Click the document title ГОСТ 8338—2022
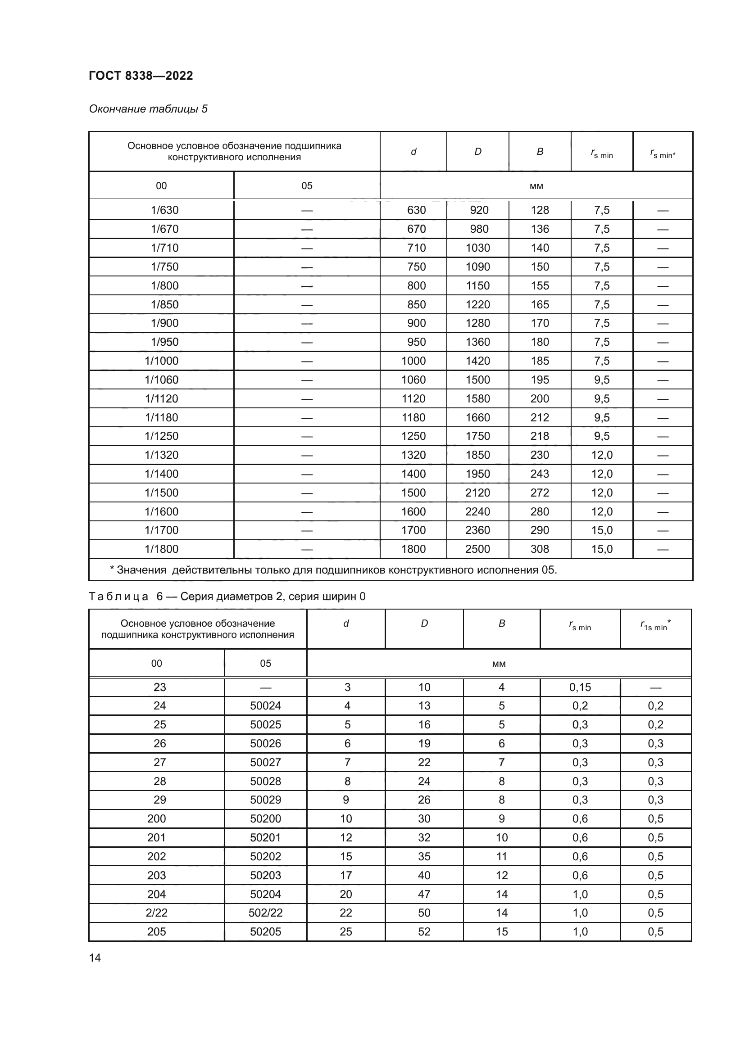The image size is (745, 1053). pyautogui.click(x=141, y=76)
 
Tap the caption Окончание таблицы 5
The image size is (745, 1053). pyautogui.click(x=148, y=109)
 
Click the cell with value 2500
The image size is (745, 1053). pyautogui.click(x=477, y=549)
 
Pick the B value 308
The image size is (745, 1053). pyautogui.click(x=540, y=549)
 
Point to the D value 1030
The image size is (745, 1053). pyautogui.click(x=477, y=248)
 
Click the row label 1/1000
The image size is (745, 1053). pyautogui.click(x=162, y=361)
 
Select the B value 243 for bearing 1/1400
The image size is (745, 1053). pyautogui.click(x=540, y=474)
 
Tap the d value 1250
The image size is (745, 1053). pyautogui.click(x=413, y=436)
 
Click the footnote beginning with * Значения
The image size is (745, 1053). pyautogui.click(x=333, y=570)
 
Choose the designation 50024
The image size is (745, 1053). pyautogui.click(x=265, y=706)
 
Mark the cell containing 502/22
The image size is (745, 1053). pyautogui.click(x=265, y=913)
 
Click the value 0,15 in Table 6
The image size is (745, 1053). pyautogui.click(x=580, y=687)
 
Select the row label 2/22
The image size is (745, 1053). pyautogui.click(x=156, y=913)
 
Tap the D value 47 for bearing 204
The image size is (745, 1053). pyautogui.click(x=424, y=894)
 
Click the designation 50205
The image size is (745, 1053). pyautogui.click(x=265, y=931)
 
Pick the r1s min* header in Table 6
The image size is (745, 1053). pyautogui.click(x=655, y=626)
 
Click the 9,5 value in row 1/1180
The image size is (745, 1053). pyautogui.click(x=601, y=417)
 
